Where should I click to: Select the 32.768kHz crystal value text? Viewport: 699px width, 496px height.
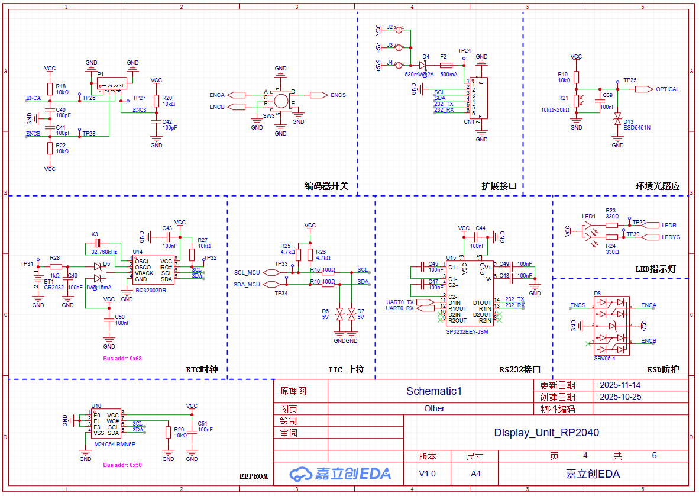click(x=104, y=252)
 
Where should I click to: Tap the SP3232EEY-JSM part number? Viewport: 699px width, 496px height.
click(x=467, y=331)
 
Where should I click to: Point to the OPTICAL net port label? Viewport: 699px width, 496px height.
click(x=667, y=89)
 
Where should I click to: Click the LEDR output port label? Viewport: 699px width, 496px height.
click(x=669, y=226)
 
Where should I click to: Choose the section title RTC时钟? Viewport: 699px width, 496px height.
click(x=202, y=370)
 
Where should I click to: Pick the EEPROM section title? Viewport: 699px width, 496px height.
click(x=254, y=476)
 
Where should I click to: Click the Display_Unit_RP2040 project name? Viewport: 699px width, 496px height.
click(x=546, y=433)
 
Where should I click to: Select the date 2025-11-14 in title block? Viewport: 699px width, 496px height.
click(x=620, y=385)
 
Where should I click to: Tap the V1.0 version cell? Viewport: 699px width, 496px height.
click(x=427, y=474)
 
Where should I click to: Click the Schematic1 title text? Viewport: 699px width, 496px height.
click(x=433, y=391)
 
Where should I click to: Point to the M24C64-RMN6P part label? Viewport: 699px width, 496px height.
click(x=115, y=444)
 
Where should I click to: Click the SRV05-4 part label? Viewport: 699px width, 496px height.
click(x=604, y=358)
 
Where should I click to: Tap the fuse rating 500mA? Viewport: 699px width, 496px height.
click(x=448, y=75)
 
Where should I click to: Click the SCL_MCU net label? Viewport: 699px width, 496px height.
click(x=247, y=273)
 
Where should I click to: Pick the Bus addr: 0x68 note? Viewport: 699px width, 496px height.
click(x=122, y=358)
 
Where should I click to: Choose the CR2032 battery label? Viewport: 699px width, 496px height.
click(x=54, y=287)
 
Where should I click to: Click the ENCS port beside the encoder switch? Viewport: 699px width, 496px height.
click(x=338, y=95)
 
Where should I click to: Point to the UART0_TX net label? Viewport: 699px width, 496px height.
click(x=400, y=302)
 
